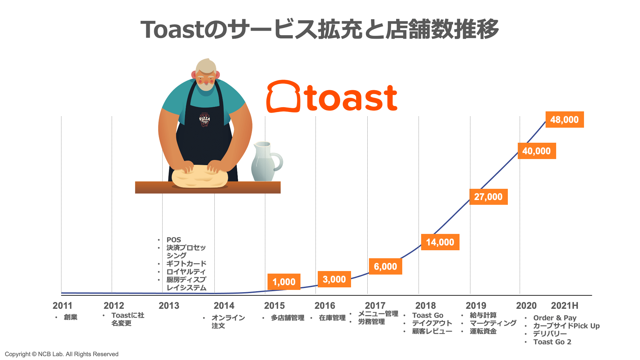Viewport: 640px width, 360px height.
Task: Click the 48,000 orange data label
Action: [564, 120]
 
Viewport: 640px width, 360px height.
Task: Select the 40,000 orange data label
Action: [537, 151]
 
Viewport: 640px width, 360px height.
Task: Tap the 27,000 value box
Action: [488, 197]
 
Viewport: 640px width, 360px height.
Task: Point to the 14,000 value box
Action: [440, 242]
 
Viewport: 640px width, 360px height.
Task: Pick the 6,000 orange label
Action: [385, 267]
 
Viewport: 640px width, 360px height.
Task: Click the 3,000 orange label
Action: [334, 279]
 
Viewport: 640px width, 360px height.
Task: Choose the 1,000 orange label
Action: [284, 282]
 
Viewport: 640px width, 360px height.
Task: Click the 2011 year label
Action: [62, 306]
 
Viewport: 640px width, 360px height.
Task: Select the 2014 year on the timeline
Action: [224, 306]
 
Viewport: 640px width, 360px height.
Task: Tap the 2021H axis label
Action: [564, 306]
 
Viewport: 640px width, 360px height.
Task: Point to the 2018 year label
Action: [426, 306]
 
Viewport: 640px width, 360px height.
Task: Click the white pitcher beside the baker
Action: [265, 162]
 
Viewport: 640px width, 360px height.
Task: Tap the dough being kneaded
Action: [200, 177]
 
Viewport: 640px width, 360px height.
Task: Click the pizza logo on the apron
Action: [204, 120]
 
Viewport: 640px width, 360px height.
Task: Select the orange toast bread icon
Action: [283, 96]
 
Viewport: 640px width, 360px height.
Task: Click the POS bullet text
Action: [174, 240]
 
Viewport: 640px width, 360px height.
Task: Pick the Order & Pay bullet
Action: [555, 318]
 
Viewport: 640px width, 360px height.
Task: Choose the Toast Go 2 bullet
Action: [552, 342]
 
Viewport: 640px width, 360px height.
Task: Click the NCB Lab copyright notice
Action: [61, 354]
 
